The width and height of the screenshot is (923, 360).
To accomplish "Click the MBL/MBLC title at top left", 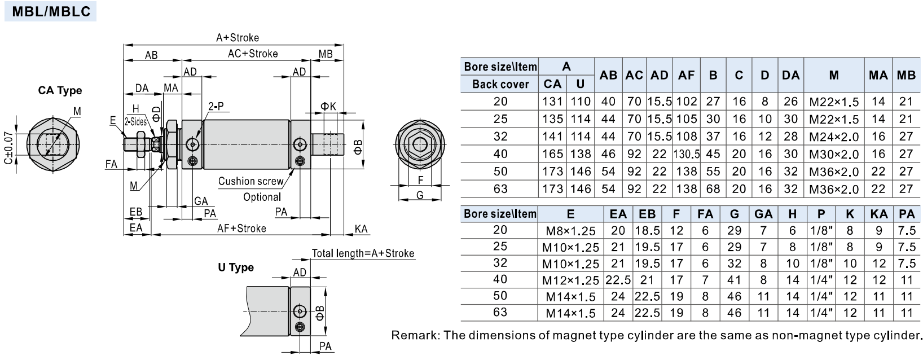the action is point(51,11).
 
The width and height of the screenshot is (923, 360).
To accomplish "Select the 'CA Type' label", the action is point(60,91).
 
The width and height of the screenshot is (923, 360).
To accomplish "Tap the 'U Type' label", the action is point(236,267).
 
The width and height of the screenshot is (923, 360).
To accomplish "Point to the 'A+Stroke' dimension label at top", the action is point(238,38).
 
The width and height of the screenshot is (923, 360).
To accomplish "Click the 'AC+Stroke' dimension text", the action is point(253,54).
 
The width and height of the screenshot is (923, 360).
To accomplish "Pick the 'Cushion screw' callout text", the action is point(250,181).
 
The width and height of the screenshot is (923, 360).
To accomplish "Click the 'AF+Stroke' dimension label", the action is point(241,228).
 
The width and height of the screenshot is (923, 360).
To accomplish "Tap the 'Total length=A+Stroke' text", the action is point(363,253).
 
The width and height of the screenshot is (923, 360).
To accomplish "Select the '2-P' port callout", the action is point(216,106).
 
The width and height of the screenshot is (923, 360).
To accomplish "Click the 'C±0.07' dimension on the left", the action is point(8,148).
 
